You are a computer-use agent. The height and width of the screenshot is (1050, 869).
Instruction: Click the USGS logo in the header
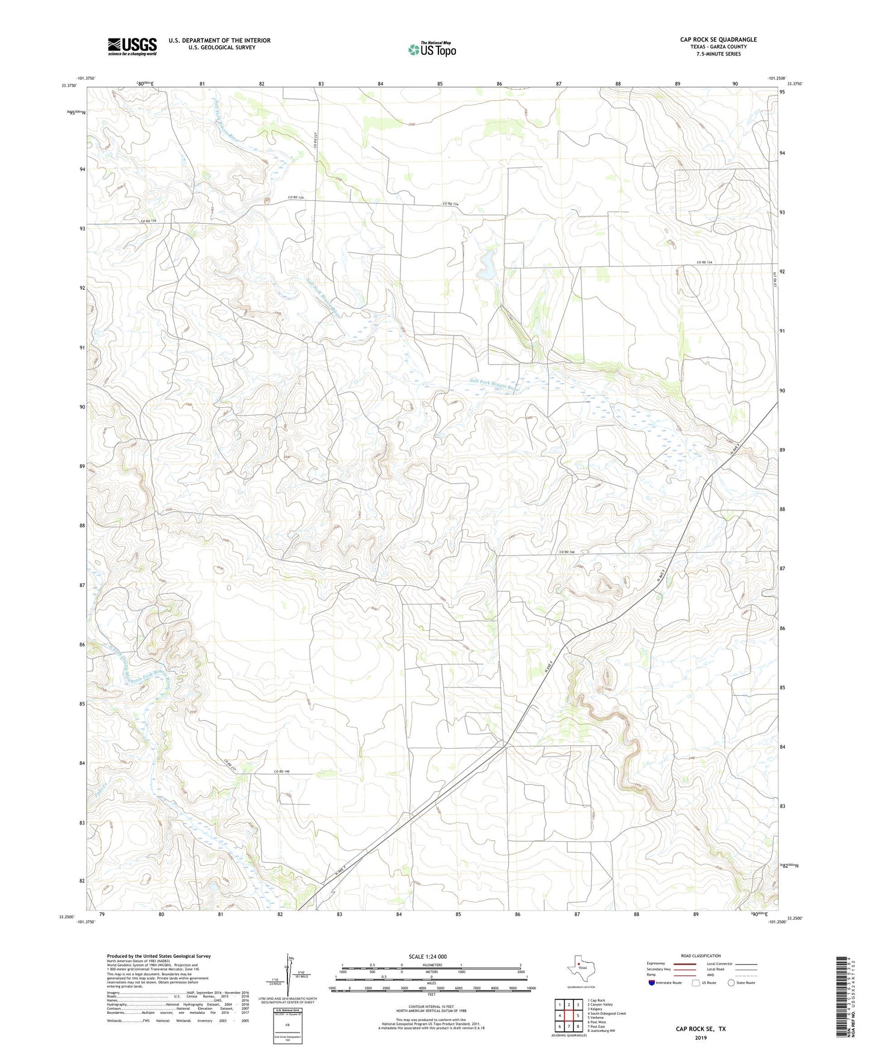(132, 46)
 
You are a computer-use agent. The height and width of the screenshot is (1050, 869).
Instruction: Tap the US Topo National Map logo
(432, 49)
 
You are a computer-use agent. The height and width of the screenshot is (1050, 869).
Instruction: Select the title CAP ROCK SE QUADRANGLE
(718, 40)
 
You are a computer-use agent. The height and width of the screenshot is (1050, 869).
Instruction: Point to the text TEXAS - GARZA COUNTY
(718, 47)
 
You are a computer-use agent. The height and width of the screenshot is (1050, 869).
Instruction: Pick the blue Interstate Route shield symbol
(652, 983)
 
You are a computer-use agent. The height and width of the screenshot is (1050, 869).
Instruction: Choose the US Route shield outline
(696, 983)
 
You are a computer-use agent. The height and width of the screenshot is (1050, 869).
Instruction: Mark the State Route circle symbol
(731, 983)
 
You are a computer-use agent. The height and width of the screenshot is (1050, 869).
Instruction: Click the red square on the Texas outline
(579, 968)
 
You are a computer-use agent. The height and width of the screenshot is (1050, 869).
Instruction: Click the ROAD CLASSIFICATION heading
(701, 956)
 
